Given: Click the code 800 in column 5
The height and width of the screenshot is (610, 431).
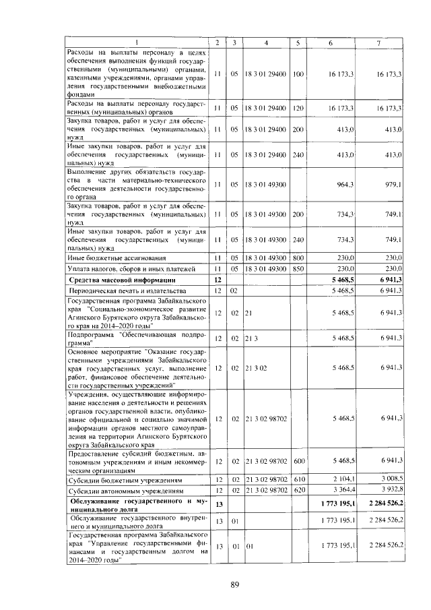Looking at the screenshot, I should coord(298,258).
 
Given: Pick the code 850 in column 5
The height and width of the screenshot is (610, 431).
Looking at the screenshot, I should coord(298,269).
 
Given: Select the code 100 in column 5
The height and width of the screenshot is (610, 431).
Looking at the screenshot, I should coord(298,73).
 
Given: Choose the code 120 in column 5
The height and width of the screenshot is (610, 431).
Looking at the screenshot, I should coord(298,107).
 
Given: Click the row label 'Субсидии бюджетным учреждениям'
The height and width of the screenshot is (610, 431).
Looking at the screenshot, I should coord(117,480).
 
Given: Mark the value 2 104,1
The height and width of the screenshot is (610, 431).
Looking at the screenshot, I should coord(343,479).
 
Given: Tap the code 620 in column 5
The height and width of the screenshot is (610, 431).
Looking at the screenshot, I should coord(298,490).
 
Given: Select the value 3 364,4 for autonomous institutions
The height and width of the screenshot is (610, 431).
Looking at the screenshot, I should coord(343,490).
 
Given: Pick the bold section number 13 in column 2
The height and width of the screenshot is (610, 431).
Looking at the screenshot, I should coord(217,504).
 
